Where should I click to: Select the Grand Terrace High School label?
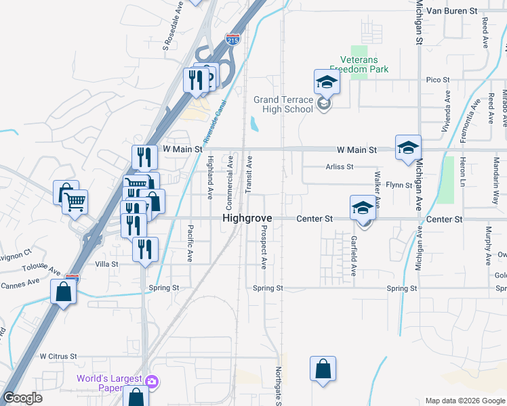coord(283,104)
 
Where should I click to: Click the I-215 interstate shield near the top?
coord(232,40)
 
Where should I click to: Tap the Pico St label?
coord(437,80)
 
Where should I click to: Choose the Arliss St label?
coord(340,166)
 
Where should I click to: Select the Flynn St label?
coord(399,185)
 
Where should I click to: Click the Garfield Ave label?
coord(354,256)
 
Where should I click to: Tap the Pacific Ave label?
coord(190,244)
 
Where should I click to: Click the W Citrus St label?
coord(58,356)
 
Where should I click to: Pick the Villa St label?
coord(106,264)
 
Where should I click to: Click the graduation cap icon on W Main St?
coord(409,148)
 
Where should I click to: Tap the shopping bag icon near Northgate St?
coord(323,369)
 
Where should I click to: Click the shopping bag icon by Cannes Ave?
coord(63,292)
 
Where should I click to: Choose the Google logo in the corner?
coord(22,398)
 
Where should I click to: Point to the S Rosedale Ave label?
coord(174,26)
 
